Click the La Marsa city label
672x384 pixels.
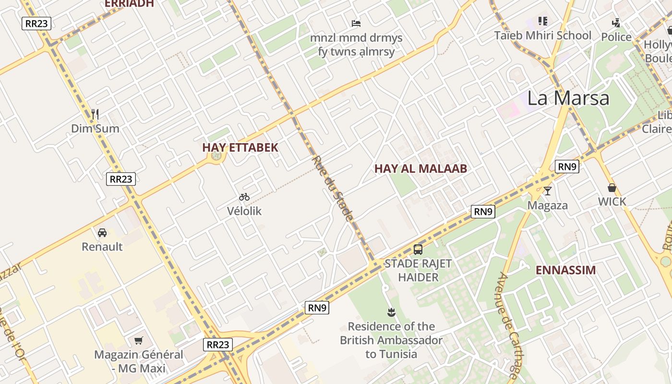tap(568, 98)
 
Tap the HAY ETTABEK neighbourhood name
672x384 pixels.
tap(240, 147)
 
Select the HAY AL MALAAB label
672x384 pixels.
tap(420, 168)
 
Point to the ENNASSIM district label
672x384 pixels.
tap(565, 270)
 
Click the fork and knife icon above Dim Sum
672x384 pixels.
tap(95, 114)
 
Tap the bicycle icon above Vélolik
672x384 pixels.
tap(244, 196)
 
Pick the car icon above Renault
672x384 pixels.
tap(102, 233)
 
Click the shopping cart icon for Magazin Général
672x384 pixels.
tap(139, 340)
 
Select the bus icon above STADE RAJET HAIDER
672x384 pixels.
tap(418, 249)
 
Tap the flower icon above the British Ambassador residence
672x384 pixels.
tap(391, 312)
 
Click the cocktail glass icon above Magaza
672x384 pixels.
tap(547, 191)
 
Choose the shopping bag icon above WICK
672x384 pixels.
tap(612, 187)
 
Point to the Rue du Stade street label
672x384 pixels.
tap(333, 188)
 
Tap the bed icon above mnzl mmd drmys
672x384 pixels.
tap(356, 23)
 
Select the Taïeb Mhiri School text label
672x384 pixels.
tap(543, 36)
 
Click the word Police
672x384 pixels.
tap(616, 37)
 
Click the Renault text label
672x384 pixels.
tap(102, 247)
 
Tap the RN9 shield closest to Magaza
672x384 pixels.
tap(567, 167)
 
